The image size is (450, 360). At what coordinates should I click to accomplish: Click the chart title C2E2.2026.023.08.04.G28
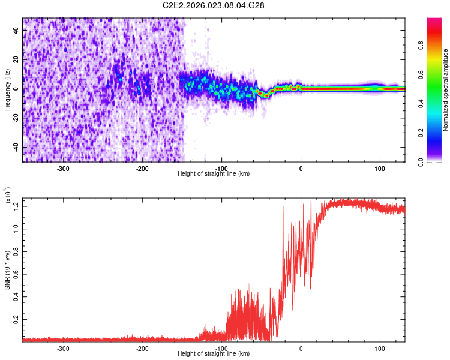click(x=214, y=5)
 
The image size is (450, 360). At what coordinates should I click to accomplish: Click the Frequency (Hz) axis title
click(x=7, y=90)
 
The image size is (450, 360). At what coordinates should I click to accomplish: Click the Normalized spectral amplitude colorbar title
click(x=446, y=90)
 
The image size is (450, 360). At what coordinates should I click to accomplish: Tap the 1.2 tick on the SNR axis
click(x=16, y=206)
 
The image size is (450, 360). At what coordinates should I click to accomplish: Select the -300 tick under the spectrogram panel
click(x=64, y=169)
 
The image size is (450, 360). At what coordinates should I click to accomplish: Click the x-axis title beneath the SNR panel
click(x=214, y=353)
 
